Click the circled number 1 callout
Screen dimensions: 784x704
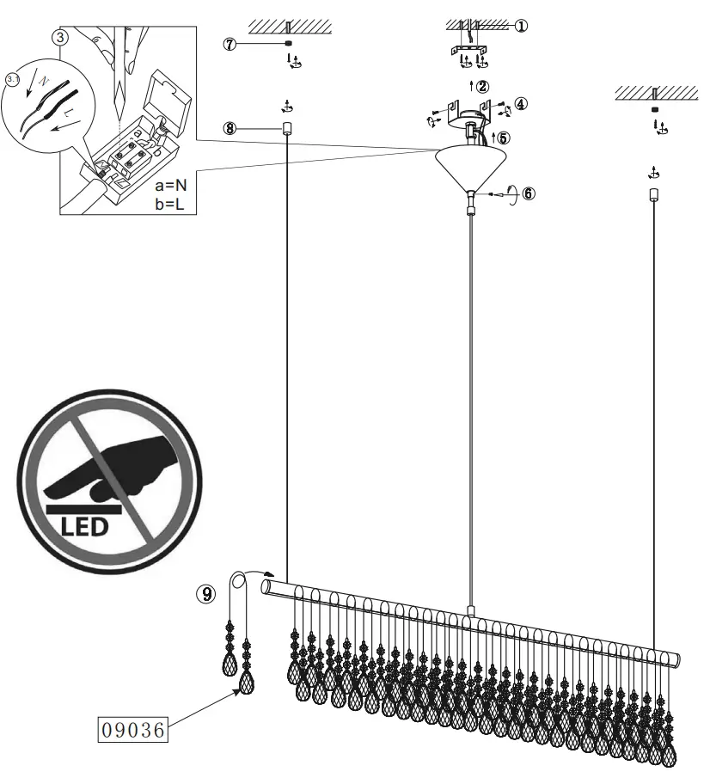(x=521, y=26)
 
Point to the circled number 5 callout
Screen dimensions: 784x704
(x=504, y=137)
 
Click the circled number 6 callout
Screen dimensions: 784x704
(x=528, y=193)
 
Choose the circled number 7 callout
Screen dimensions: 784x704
(x=230, y=44)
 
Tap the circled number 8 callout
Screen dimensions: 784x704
(x=229, y=128)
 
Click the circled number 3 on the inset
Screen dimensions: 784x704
(x=59, y=37)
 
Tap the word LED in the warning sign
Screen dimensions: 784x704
(x=83, y=525)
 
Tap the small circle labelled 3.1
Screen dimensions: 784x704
(x=11, y=79)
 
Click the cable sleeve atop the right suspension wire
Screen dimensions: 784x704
(x=653, y=194)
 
